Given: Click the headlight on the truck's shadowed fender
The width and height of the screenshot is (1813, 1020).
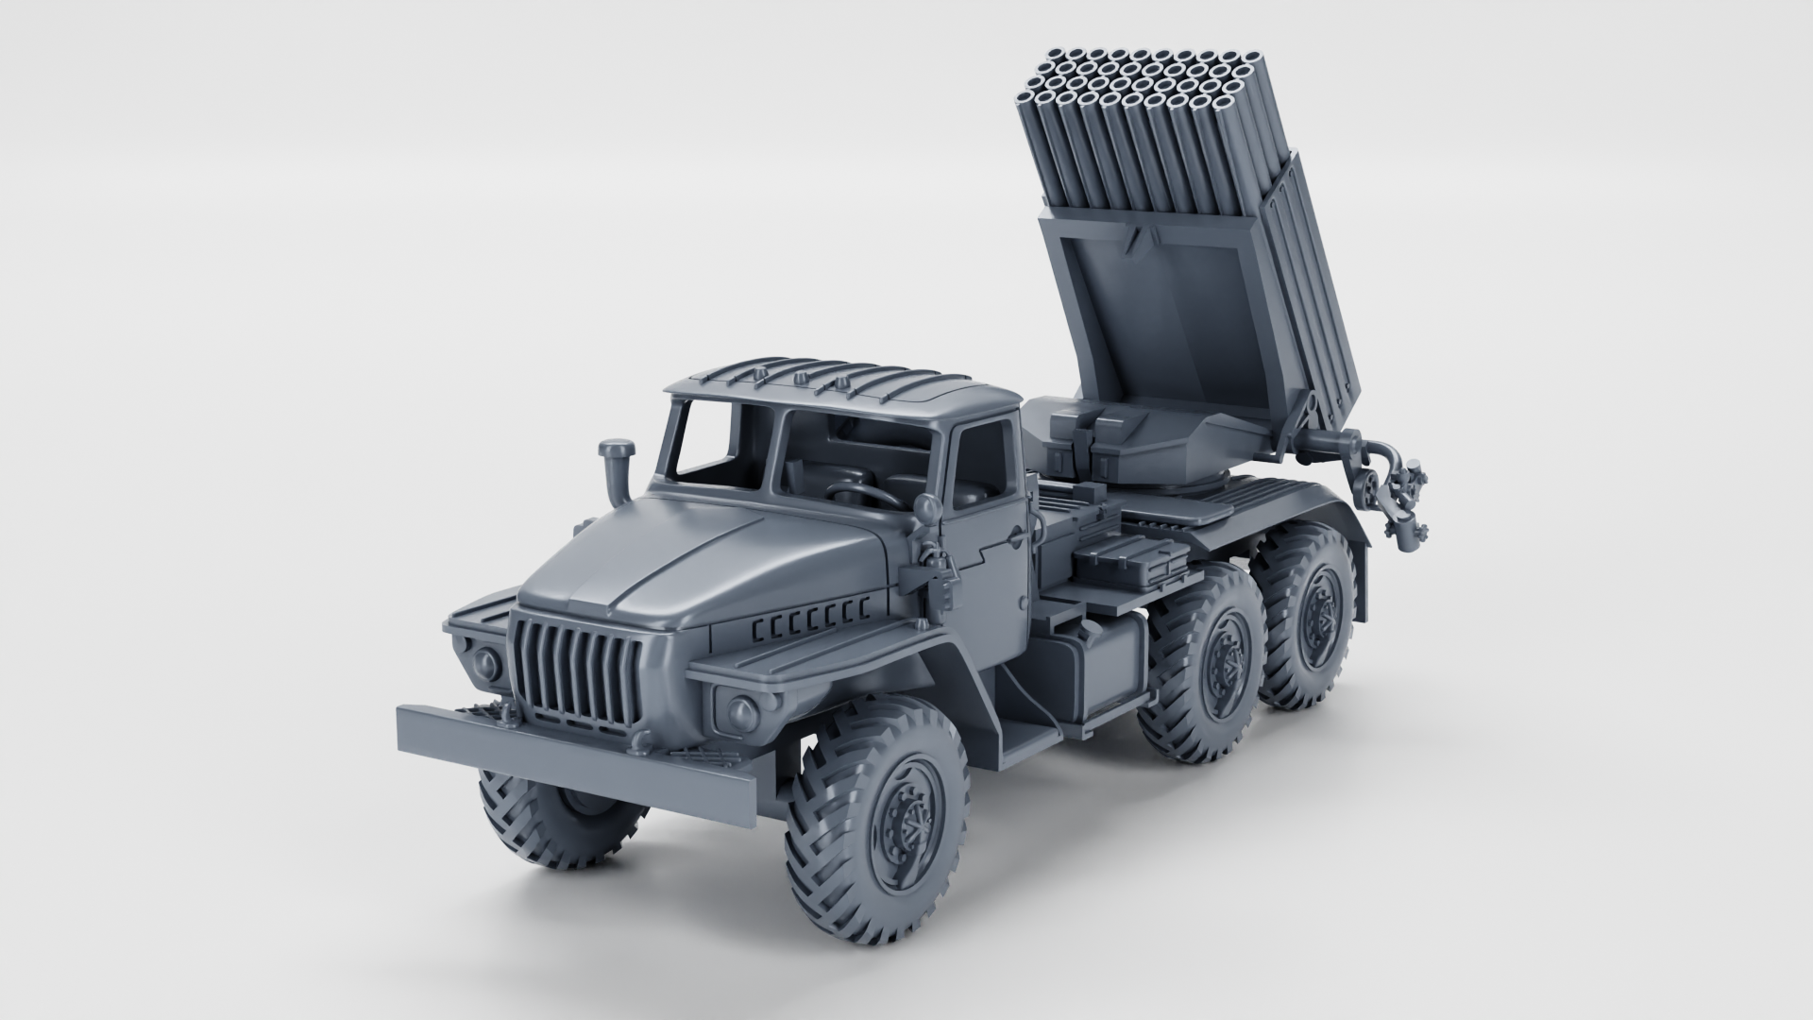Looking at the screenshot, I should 486,661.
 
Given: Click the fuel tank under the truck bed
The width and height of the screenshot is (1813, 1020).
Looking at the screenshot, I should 1095,666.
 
